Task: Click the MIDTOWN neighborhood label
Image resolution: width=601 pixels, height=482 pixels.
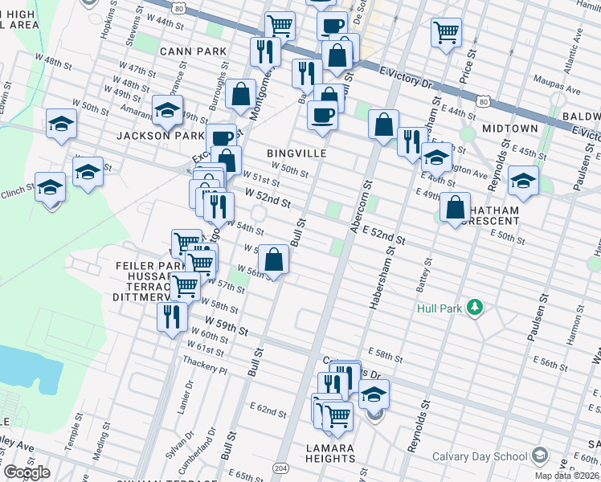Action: pyautogui.click(x=509, y=129)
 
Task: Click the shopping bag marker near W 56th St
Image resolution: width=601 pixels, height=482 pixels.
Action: pyautogui.click(x=274, y=259)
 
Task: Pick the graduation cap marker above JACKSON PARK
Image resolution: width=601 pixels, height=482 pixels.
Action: pyautogui.click(x=167, y=111)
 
